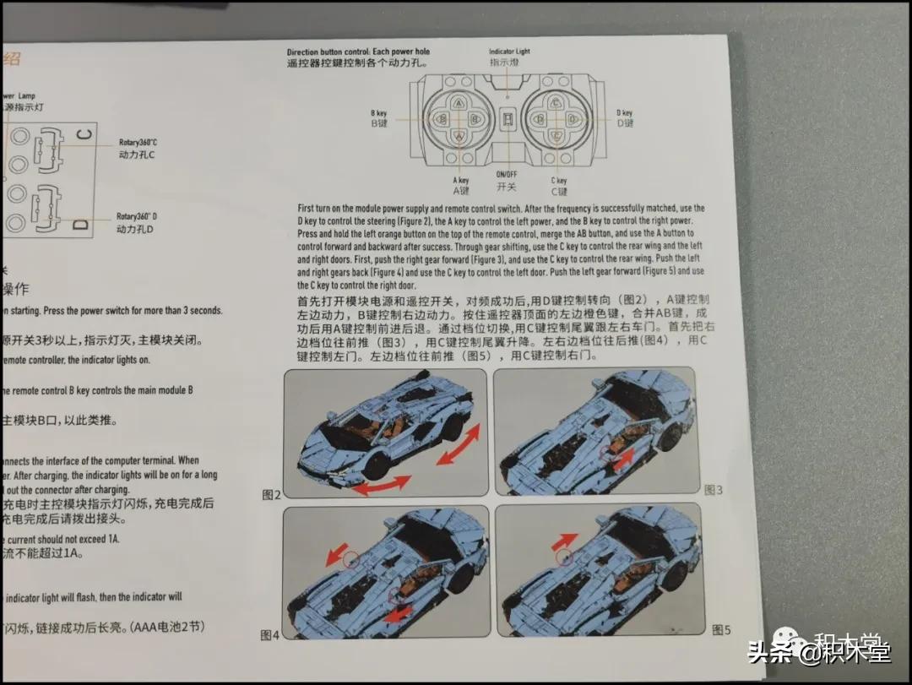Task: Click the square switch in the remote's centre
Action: (x=508, y=119)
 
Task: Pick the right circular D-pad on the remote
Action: (x=556, y=119)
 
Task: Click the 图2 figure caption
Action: (x=271, y=494)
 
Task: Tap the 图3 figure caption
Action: (x=714, y=490)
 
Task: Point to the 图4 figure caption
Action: (x=269, y=634)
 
